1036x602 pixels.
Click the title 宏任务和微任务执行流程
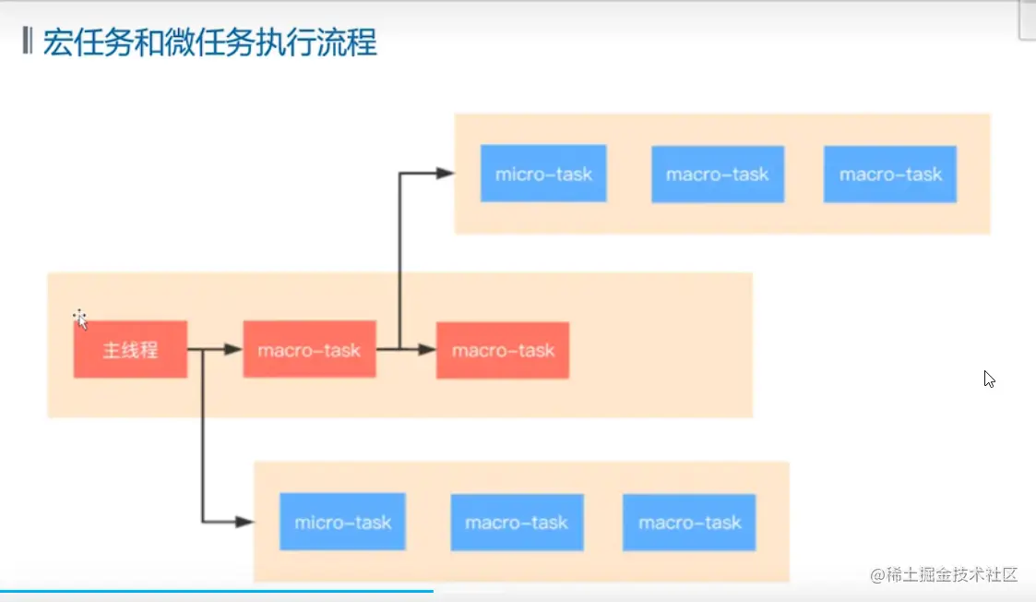click(210, 42)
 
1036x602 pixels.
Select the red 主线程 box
click(130, 349)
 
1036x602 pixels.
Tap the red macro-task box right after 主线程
click(309, 349)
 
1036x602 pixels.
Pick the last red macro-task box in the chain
click(502, 350)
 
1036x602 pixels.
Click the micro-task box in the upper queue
click(543, 174)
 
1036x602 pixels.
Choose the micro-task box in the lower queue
click(342, 522)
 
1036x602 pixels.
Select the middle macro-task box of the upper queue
click(718, 174)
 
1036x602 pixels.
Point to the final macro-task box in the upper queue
click(890, 174)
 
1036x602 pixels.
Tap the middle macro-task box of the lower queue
click(517, 522)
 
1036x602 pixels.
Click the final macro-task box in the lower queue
click(689, 522)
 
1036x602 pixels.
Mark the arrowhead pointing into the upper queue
click(446, 174)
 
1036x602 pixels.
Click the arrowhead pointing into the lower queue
click(245, 522)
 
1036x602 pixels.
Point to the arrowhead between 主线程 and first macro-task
click(233, 349)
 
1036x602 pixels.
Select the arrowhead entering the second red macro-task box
click(427, 349)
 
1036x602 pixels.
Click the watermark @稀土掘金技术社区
click(944, 574)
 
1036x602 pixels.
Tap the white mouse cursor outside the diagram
click(989, 379)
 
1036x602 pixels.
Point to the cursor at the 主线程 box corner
click(80, 319)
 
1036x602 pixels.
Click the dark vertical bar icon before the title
click(27, 41)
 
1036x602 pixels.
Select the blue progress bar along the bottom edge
click(217, 591)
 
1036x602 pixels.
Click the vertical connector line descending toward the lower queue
click(203, 435)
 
